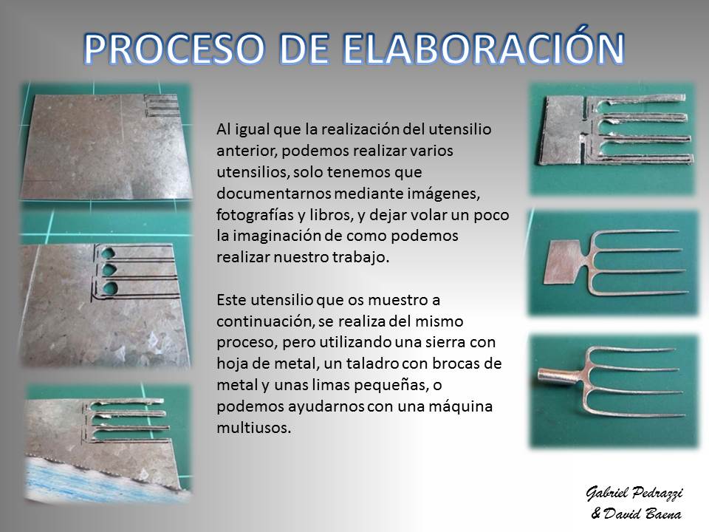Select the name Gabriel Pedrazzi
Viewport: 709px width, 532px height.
tap(634, 493)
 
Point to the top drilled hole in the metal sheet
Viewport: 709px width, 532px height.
tap(109, 252)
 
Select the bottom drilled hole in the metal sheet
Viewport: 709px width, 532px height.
tap(110, 287)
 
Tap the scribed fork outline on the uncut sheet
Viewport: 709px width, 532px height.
tap(161, 106)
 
